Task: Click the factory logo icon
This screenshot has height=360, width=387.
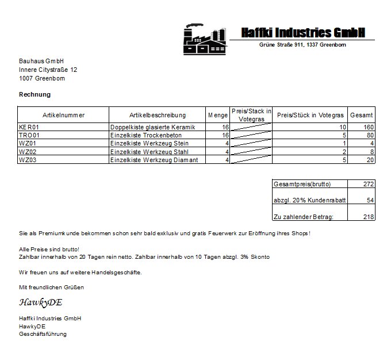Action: point(204,39)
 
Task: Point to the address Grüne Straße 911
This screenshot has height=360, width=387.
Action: point(282,45)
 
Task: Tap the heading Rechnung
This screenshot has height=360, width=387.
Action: point(35,94)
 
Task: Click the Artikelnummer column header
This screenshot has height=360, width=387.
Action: point(63,115)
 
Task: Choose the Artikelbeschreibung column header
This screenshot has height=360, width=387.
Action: point(158,115)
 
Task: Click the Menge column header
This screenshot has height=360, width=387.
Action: point(218,115)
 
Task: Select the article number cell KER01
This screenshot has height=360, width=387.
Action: point(29,127)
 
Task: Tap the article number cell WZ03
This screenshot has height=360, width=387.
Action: point(28,160)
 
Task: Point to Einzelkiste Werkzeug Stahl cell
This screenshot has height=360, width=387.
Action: point(150,152)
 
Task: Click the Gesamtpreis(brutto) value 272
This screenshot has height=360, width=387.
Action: point(369,184)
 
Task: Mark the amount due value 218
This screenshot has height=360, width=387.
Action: point(369,217)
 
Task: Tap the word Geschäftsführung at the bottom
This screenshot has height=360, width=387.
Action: point(43,334)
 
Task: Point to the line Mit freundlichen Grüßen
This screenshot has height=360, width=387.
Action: point(52,287)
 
